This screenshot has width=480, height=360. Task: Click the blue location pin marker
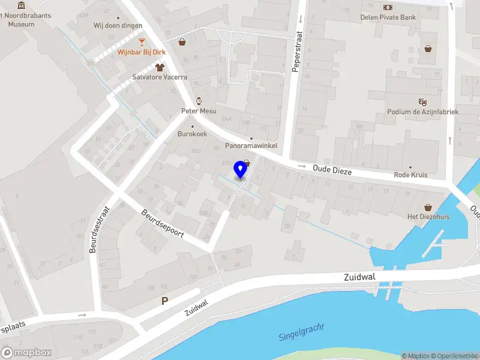[x=241, y=169]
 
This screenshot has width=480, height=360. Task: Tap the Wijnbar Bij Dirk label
[x=142, y=52]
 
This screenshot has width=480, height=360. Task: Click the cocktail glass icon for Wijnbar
[x=142, y=41]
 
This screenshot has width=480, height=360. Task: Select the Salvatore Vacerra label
[x=160, y=77]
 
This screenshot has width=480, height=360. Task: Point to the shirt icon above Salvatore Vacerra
[x=160, y=67]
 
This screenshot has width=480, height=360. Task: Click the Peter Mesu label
[x=199, y=111]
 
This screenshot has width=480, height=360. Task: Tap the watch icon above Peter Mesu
[x=199, y=101]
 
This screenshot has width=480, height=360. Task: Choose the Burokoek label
[x=192, y=134]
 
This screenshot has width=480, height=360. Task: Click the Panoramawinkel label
[x=251, y=146]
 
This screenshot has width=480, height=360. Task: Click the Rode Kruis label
[x=410, y=175]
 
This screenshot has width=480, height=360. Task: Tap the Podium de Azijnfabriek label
[x=422, y=112]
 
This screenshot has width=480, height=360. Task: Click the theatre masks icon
[x=422, y=101]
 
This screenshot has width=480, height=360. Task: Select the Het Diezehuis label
[x=428, y=217]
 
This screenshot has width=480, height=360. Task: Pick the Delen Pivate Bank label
[x=388, y=17]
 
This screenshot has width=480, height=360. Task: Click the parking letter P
[x=164, y=301]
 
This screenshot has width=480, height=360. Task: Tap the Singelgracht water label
[x=301, y=332]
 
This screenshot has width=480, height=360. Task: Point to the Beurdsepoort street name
[x=163, y=223]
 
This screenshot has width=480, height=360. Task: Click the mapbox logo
[x=26, y=353]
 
